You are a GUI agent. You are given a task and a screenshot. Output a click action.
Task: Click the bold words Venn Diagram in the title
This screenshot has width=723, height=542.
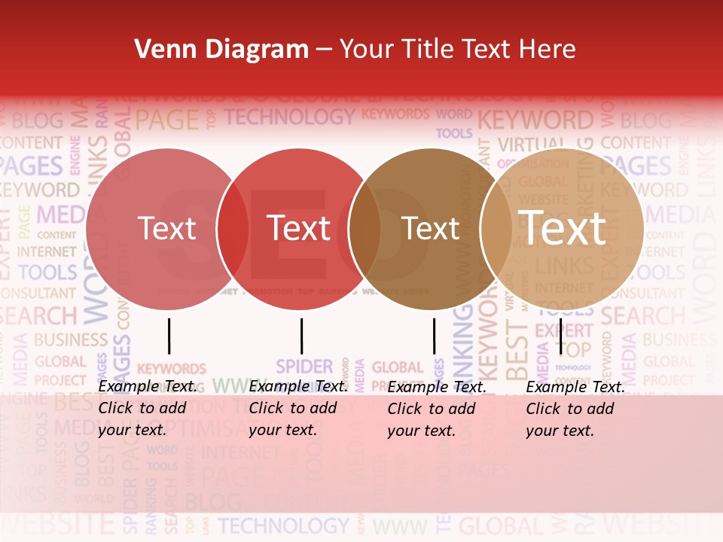[x=221, y=50]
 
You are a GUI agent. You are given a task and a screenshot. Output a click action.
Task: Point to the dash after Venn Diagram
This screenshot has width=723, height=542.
[x=324, y=50]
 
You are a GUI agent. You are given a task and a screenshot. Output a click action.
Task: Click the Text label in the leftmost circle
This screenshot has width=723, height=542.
[x=166, y=228]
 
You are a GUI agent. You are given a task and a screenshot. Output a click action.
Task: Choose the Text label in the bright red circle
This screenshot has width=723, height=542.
[x=299, y=228]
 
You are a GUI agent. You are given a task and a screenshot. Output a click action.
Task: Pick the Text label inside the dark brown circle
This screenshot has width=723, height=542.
[x=431, y=228]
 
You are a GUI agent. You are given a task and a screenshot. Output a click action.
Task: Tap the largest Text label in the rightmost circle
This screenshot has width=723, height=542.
[x=563, y=227]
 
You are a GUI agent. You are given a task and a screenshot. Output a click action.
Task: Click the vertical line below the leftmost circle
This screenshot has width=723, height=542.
[x=169, y=336]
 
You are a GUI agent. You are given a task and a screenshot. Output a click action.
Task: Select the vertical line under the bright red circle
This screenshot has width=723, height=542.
[x=301, y=336]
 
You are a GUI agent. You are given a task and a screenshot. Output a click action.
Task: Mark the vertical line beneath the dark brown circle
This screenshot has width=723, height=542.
[x=434, y=336]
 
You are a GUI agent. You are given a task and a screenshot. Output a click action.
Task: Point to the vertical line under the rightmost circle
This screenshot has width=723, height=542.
[x=561, y=336]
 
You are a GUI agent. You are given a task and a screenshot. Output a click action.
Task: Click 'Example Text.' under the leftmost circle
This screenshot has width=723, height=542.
[x=148, y=386]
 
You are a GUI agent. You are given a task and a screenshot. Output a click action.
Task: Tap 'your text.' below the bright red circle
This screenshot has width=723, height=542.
[x=283, y=431]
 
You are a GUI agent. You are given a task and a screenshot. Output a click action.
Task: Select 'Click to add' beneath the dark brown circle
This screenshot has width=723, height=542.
[x=432, y=409]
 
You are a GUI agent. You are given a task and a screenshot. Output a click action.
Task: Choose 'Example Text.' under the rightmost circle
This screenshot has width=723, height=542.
[x=575, y=387]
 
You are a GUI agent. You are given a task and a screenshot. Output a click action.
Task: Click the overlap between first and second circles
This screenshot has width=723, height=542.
[x=233, y=228]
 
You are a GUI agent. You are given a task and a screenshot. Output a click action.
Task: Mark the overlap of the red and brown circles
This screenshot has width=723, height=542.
[x=365, y=228]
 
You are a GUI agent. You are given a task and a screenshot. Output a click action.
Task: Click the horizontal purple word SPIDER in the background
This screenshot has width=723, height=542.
[x=304, y=367]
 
